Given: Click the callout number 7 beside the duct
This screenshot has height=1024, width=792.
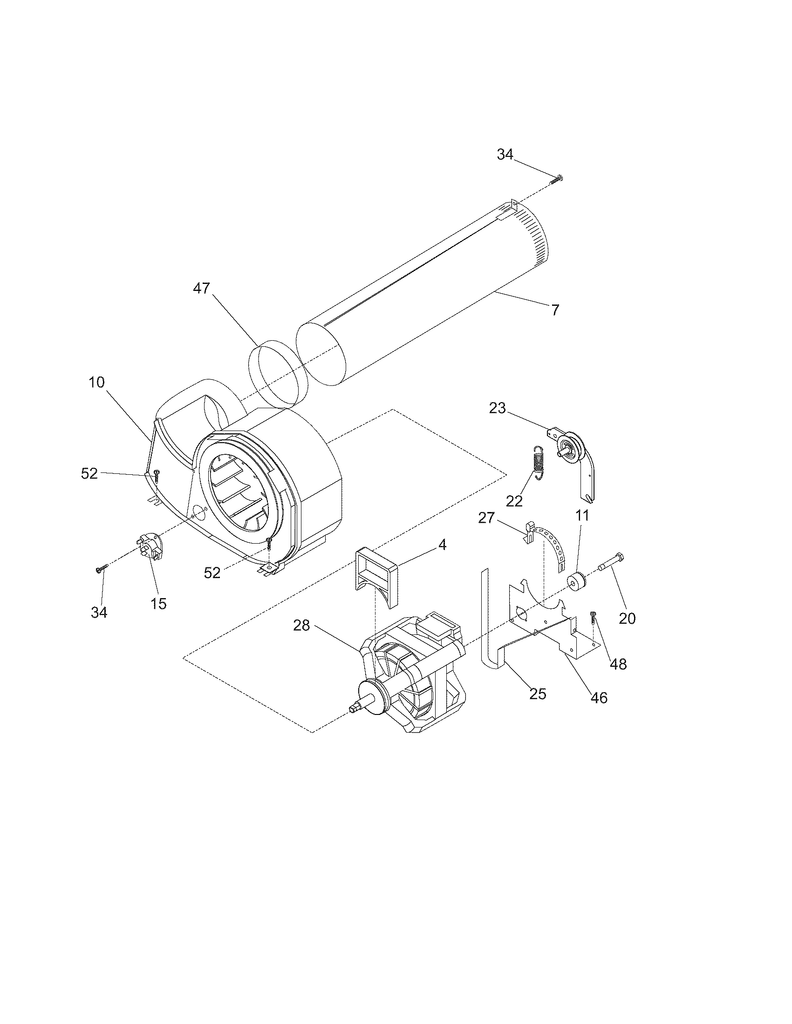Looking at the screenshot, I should (x=555, y=310).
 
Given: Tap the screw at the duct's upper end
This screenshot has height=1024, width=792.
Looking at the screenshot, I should (x=557, y=178).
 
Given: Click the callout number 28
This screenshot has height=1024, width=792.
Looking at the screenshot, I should (x=302, y=625).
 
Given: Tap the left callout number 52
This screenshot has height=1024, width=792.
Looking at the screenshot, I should (x=89, y=473).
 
